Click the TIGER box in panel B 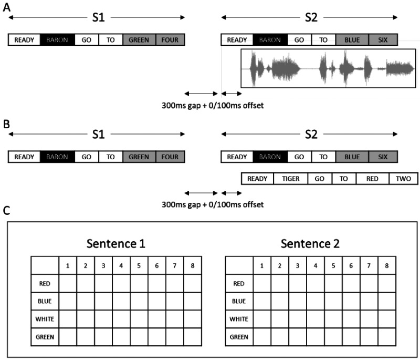291,179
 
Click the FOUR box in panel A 170,39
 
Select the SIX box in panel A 383,39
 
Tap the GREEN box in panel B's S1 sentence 139,157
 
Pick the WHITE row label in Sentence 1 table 45,319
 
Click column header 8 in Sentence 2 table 386,265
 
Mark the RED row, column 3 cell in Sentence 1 103,284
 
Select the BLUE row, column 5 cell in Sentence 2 333,302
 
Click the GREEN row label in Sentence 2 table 238,337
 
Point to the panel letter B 6,125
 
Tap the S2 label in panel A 311,17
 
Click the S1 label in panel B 98,135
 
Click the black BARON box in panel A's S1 57,39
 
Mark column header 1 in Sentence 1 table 68,265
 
